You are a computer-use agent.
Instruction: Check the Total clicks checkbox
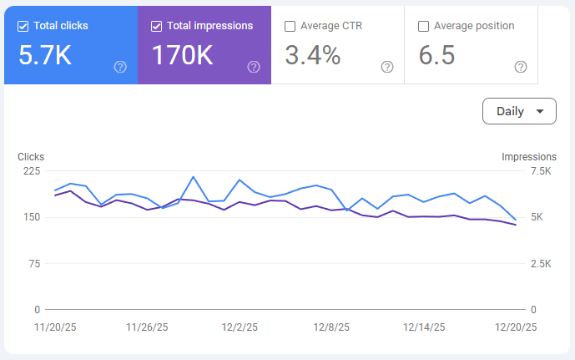(23, 27)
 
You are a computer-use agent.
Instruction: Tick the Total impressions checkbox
(156, 27)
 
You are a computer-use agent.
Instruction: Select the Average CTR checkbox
(290, 27)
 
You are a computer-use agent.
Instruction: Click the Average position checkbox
(423, 27)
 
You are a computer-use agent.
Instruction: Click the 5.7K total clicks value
(45, 55)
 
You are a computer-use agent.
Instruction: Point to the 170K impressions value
(182, 55)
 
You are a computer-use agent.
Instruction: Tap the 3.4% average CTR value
(313, 55)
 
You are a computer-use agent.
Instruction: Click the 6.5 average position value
(436, 55)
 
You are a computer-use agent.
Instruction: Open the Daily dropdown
(519, 111)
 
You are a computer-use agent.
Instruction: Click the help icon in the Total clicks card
(120, 67)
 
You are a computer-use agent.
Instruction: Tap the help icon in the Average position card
(521, 67)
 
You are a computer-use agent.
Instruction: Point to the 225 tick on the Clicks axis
(32, 171)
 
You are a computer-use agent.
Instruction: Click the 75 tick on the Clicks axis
(34, 263)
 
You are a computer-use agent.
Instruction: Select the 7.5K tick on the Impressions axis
(541, 171)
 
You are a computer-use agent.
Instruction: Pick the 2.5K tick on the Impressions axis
(541, 263)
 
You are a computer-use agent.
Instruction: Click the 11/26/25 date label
(147, 327)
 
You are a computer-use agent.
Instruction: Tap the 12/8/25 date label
(331, 327)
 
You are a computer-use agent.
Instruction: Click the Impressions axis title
(529, 157)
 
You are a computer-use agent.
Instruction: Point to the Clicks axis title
(31, 157)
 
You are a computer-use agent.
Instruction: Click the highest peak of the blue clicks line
(194, 177)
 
